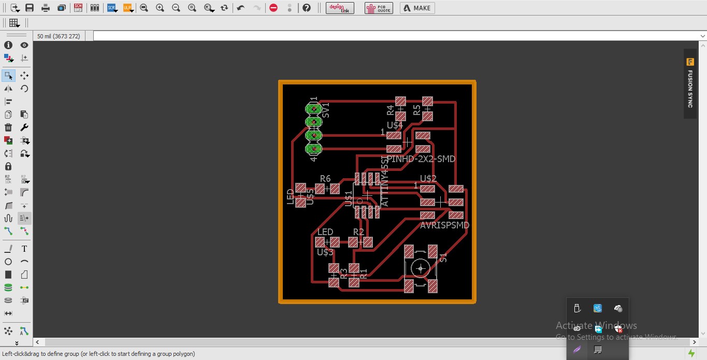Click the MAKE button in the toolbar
coord(417,8)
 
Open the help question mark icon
coord(307,8)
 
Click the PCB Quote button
coord(379,8)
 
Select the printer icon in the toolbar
coord(46,8)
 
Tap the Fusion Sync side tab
coord(690,83)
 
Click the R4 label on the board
coord(391,110)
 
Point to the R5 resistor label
coord(416,110)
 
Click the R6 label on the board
coord(325,179)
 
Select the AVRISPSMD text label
coord(444,225)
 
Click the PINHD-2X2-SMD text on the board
coord(421,159)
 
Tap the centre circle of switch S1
coord(420,268)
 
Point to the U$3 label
coord(325,252)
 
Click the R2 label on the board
coord(358,232)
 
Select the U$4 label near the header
coord(395,125)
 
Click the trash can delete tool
coord(8,127)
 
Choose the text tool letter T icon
coord(24,249)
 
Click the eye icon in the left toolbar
coord(24,45)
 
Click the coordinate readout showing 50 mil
coord(59,36)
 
